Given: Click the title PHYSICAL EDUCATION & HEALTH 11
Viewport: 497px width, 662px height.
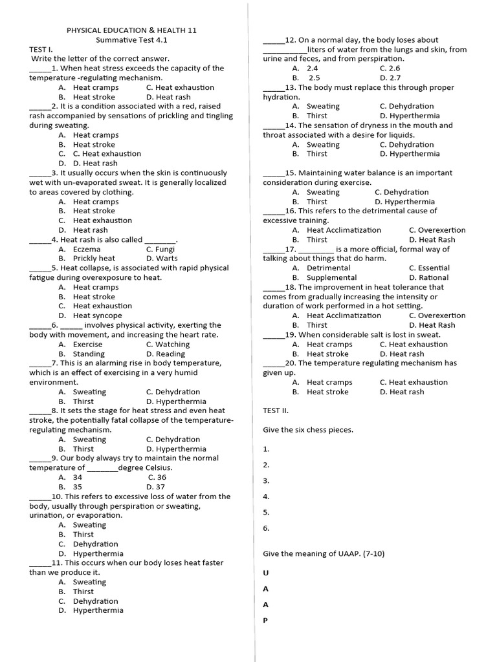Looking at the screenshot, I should click(132, 30).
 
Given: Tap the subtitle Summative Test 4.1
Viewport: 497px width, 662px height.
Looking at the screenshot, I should click(132, 39).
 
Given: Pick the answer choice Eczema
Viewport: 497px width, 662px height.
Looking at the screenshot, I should click(87, 249).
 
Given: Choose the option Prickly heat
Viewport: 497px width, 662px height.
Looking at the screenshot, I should click(94, 259).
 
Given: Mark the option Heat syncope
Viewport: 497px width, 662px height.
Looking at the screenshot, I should click(98, 315).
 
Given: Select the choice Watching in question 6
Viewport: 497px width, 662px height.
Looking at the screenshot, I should click(168, 345).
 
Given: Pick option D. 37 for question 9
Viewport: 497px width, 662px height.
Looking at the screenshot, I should click(156, 487).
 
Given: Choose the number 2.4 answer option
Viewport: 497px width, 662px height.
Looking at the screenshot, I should click(312, 68).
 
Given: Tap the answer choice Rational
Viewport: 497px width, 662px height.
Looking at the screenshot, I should click(433, 277).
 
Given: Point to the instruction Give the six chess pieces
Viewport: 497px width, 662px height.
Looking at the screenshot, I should click(308, 430).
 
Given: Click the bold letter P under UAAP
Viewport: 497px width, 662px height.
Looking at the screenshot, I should click(265, 621).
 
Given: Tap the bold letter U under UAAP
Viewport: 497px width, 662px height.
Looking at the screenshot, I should click(265, 573).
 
